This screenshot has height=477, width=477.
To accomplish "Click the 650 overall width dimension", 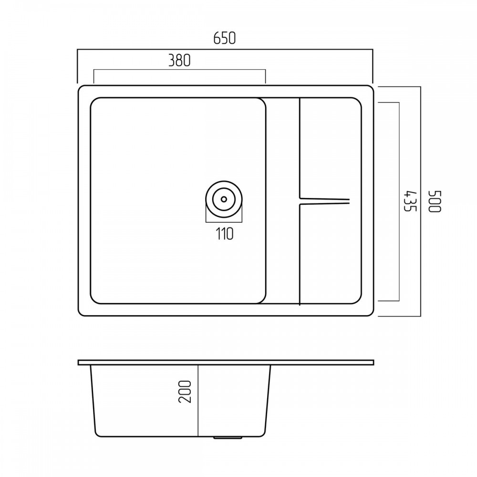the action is [x=225, y=38].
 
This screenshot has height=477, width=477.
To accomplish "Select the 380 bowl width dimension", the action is [x=179, y=60].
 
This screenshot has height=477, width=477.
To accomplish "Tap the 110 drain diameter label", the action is [x=225, y=234].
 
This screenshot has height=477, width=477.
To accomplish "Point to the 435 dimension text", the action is [x=410, y=201].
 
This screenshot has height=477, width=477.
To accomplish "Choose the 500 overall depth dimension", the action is [x=434, y=201].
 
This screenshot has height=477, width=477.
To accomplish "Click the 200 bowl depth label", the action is [x=185, y=392].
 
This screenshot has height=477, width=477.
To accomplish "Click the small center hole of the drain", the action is [x=224, y=199].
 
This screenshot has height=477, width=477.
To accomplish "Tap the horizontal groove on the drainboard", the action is [x=324, y=201].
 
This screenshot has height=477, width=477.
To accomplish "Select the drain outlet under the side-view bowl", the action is [x=228, y=437].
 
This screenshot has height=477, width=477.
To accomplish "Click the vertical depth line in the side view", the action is [x=198, y=401].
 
